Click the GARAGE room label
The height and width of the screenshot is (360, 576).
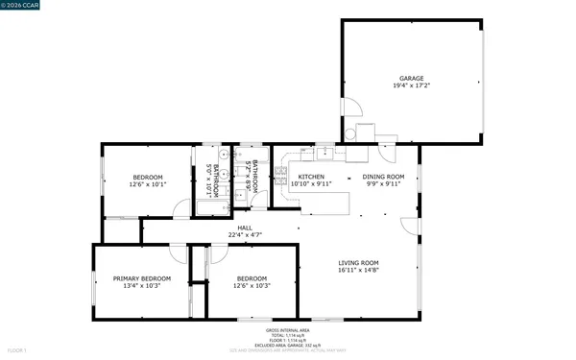412,79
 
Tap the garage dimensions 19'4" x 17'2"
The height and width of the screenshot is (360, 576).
412,86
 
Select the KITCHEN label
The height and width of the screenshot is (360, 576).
312,177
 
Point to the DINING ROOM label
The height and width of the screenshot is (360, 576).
383,177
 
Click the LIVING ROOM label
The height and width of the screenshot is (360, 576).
358,263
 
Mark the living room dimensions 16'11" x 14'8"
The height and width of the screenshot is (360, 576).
358,271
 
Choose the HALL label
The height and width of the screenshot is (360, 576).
246,228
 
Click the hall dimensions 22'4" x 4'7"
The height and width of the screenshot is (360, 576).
246,235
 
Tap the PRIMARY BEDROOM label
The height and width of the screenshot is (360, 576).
141,278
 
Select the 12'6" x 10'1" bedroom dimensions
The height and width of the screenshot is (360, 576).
148,184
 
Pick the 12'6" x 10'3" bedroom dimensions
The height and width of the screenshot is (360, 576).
252,285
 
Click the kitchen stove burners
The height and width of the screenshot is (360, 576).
281,173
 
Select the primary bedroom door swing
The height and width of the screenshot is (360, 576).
177,252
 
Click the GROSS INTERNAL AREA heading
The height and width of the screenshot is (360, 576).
287,329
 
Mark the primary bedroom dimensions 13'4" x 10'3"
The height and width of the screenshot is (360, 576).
141,285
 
